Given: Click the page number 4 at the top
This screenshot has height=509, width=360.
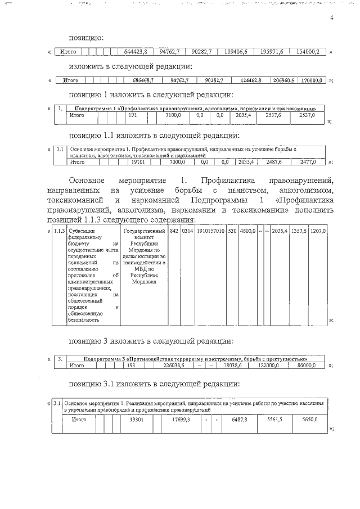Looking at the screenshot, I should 332,19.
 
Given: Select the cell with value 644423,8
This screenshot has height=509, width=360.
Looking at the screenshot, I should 135,52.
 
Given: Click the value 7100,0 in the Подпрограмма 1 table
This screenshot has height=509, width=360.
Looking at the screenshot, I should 173,115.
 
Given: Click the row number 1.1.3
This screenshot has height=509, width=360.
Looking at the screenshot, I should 58,231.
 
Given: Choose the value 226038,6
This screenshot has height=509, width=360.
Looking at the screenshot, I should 173,366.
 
